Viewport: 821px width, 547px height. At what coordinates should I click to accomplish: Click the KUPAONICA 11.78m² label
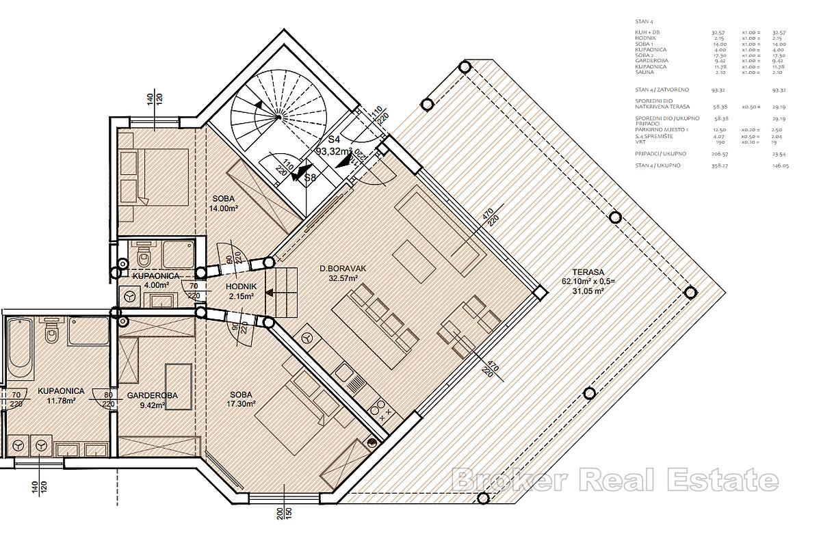(x=61, y=396)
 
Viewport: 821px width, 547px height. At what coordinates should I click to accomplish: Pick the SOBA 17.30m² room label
(x=241, y=400)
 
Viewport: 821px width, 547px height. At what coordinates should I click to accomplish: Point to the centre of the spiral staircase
(x=278, y=117)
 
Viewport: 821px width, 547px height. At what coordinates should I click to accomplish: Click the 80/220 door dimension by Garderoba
(x=108, y=399)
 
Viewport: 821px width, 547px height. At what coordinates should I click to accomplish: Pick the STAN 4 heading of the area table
(x=644, y=22)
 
